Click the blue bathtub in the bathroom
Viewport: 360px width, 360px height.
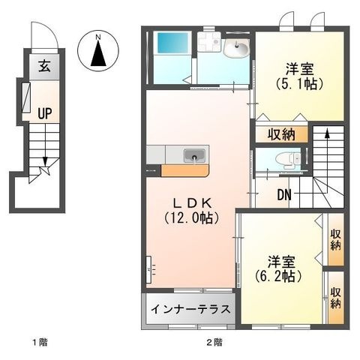pos(172,43)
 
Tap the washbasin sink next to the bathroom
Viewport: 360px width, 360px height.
pos(236,48)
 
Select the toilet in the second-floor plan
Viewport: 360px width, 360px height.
pos(288,159)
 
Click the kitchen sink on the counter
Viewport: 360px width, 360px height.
pos(194,156)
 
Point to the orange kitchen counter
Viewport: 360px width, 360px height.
pos(184,171)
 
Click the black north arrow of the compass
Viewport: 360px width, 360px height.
pos(98,54)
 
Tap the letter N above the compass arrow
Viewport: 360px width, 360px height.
pos(98,37)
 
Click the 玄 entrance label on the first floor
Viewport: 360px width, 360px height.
pos(44,67)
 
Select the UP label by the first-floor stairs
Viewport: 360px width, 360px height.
pos(45,113)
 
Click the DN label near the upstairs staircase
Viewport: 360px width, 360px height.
pos(284,195)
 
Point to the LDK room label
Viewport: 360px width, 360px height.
pos(193,203)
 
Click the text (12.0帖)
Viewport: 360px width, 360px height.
pos(192,218)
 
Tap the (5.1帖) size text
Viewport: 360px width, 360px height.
pos(300,84)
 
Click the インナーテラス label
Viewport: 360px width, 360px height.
pos(190,309)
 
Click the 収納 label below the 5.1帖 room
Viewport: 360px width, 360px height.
pos(281,135)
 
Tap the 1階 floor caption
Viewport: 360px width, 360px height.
pos(40,342)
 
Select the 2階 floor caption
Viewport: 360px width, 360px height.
pos(214,342)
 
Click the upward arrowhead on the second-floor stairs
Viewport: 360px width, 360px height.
pos(327,133)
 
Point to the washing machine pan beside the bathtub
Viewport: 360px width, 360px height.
pos(209,42)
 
